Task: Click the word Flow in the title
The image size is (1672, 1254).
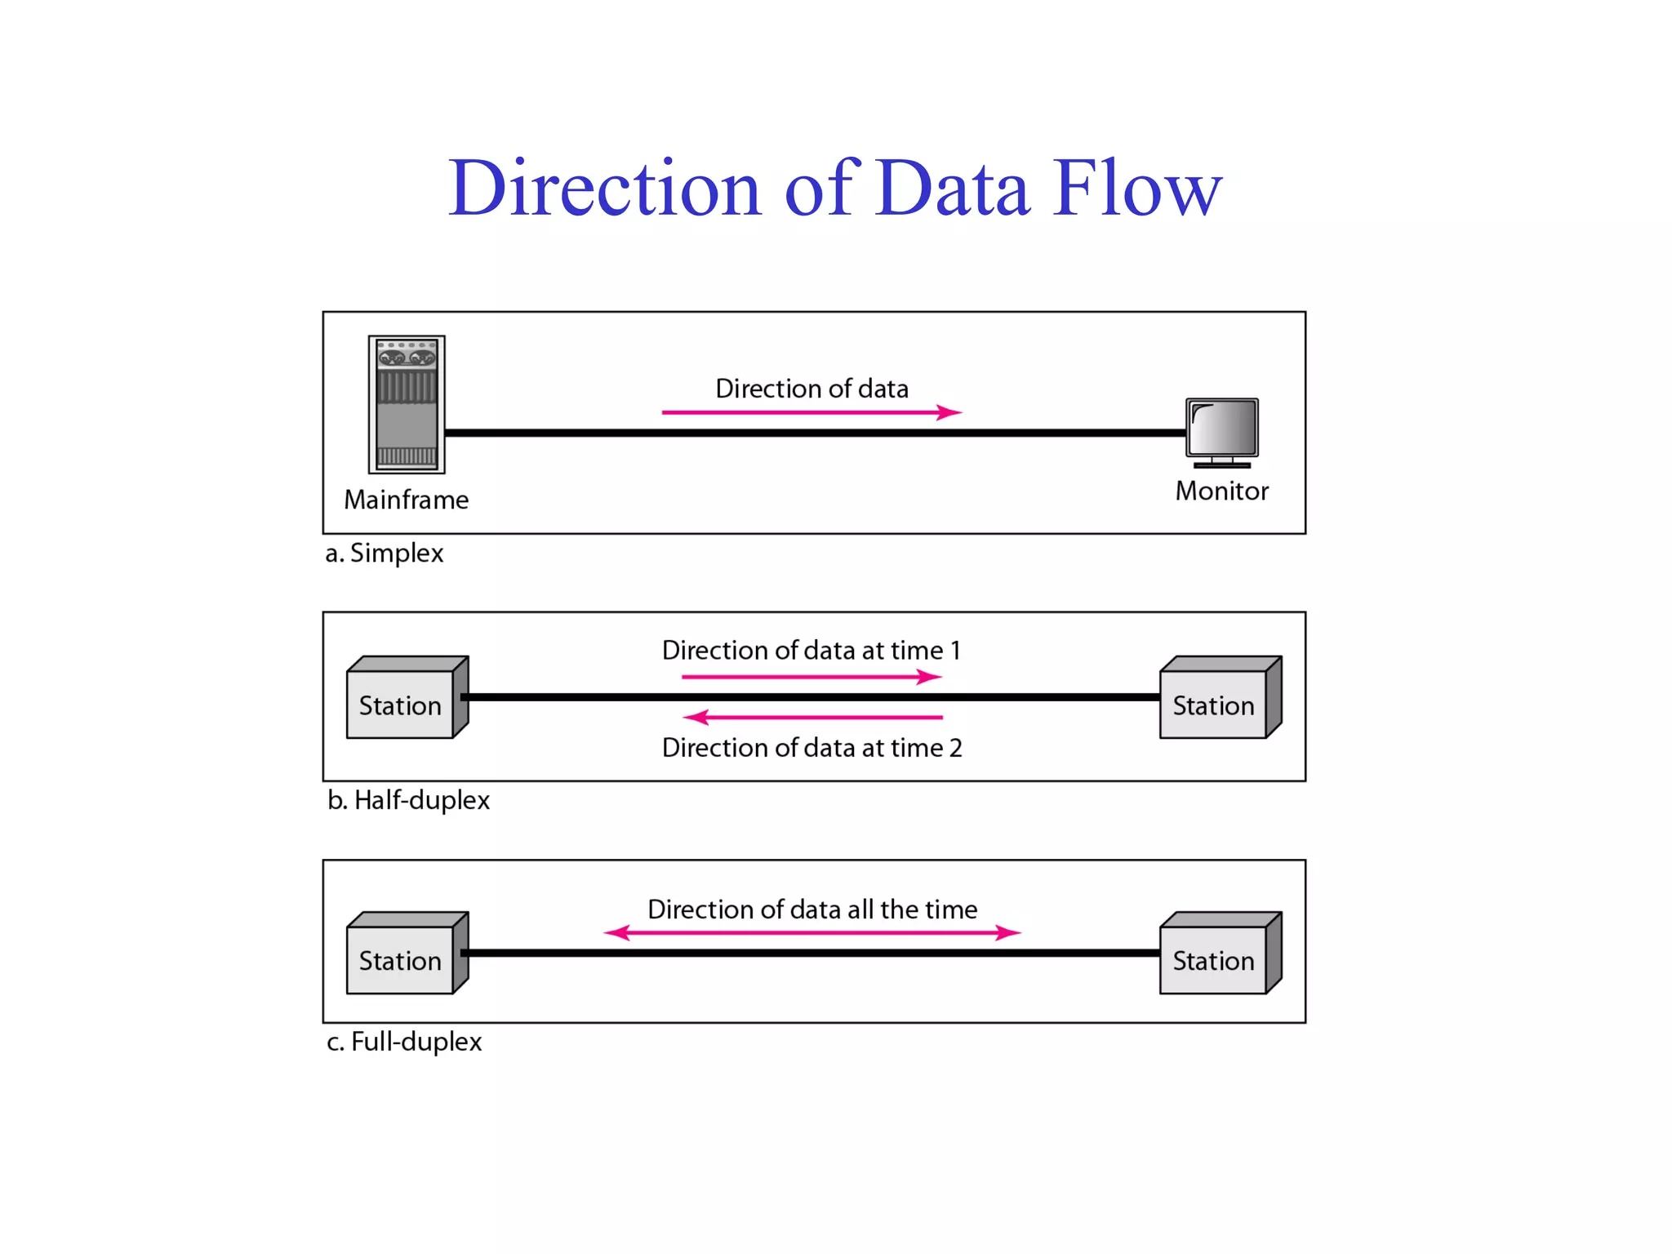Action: click(x=1136, y=189)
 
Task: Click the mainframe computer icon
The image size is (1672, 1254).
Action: click(x=407, y=404)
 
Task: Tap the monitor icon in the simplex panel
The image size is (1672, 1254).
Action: click(x=1222, y=430)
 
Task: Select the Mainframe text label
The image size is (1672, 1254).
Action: click(x=407, y=500)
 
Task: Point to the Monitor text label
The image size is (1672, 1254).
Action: click(x=1221, y=491)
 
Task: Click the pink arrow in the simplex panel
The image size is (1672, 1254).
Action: click(x=812, y=412)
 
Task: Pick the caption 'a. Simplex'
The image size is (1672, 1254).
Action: click(x=384, y=554)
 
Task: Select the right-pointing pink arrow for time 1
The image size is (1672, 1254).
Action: click(x=812, y=677)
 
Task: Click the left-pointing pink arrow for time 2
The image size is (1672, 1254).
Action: click(x=812, y=718)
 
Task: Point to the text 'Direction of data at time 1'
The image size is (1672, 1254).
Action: click(x=812, y=650)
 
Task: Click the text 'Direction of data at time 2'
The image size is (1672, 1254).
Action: click(x=812, y=748)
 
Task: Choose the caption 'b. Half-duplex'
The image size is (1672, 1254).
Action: click(x=408, y=800)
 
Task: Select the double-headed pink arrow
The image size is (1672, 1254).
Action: click(x=812, y=932)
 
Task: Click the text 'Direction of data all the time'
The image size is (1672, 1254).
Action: click(x=812, y=909)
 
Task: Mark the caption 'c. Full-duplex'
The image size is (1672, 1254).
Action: click(x=404, y=1042)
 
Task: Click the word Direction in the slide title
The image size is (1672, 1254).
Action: click(x=604, y=189)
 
